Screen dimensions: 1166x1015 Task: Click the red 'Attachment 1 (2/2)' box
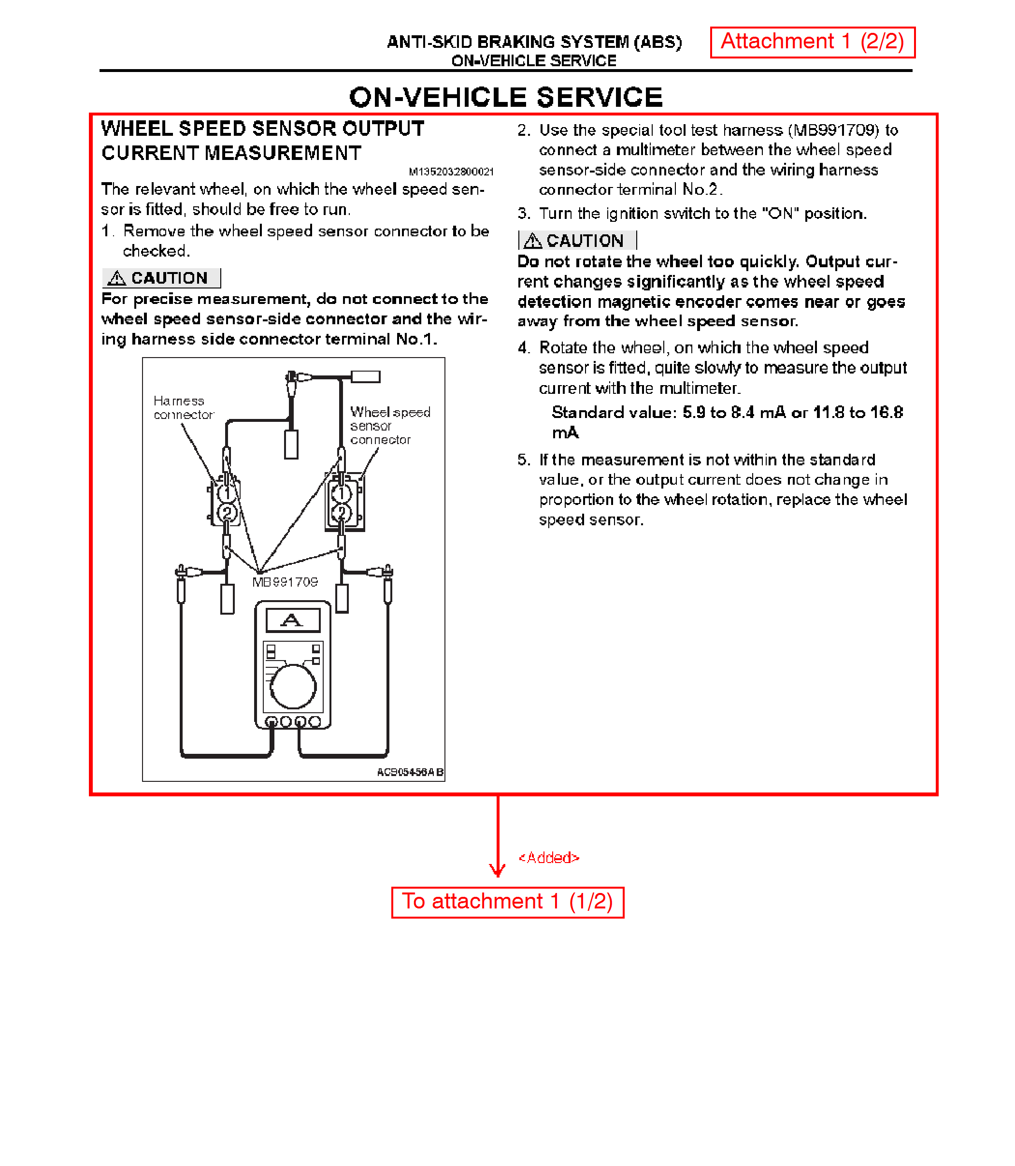pos(812,42)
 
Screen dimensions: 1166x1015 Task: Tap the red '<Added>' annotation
pos(549,858)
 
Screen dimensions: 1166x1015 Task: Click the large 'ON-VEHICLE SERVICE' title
pos(506,98)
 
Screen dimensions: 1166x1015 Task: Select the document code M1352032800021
pos(451,172)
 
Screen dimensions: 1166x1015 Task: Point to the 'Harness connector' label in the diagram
pos(183,408)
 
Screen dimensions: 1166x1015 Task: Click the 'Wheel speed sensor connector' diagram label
pos(390,426)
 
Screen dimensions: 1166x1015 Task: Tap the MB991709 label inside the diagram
pos(285,582)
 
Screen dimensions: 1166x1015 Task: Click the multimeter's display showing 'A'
pos(293,620)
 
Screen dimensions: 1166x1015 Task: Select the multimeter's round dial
pos(293,687)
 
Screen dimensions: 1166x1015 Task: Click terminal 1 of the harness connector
pos(227,493)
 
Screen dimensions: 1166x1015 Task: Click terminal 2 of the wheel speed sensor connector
pos(342,513)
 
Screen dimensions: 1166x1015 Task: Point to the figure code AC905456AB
pos(410,772)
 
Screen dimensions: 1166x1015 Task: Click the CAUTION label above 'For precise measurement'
pos(161,278)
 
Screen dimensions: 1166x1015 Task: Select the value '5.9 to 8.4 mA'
pos(734,413)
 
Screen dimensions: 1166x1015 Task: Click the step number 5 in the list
pos(523,460)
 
